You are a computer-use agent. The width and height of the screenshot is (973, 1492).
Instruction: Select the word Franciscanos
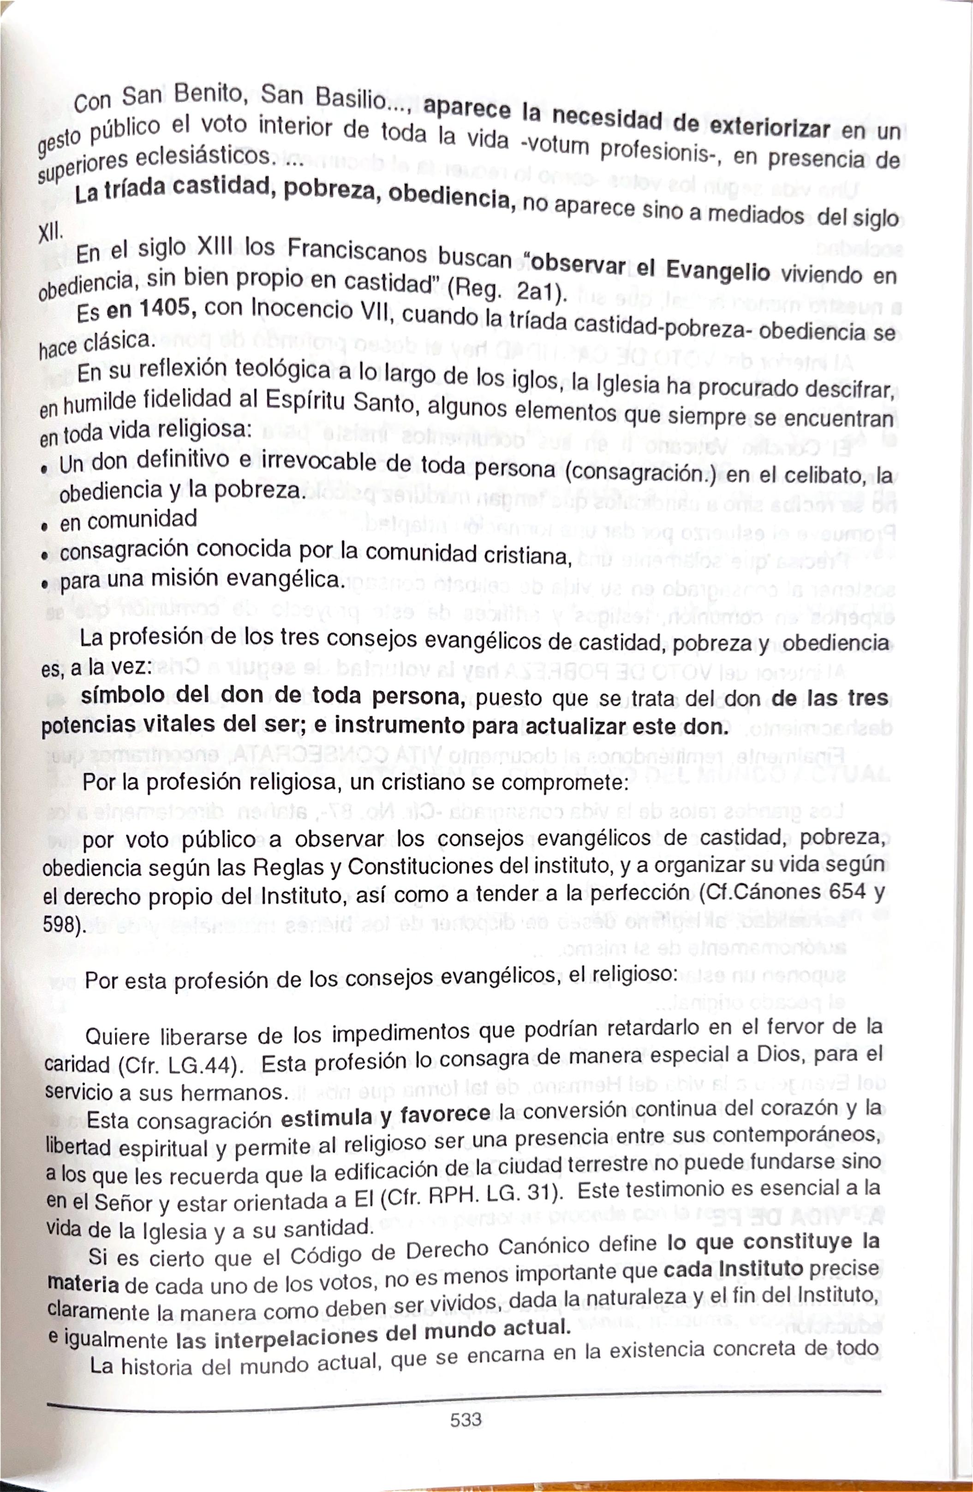click(x=357, y=252)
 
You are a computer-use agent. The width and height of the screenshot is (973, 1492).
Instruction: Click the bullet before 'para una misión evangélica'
click(x=45, y=584)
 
